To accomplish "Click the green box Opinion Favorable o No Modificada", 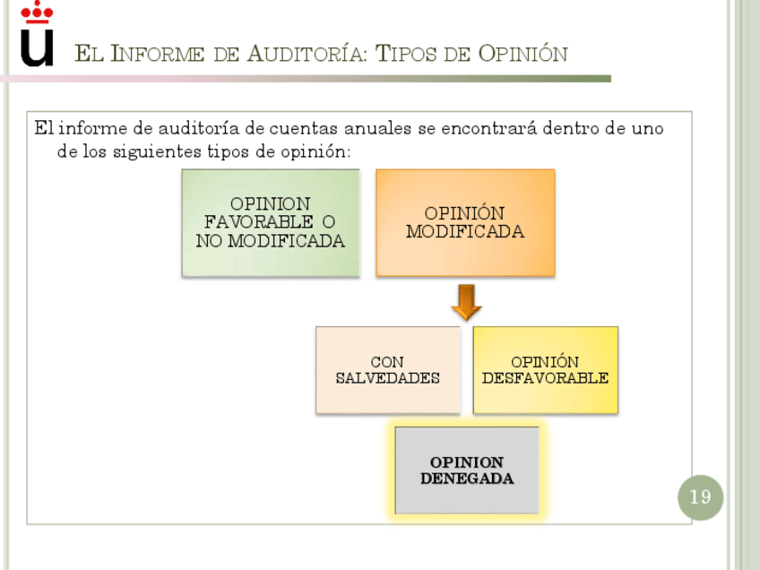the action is click(271, 222).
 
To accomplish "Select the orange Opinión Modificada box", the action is click(465, 222).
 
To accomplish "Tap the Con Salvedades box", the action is click(387, 369).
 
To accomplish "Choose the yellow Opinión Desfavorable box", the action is click(545, 369).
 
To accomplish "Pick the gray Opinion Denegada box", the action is click(467, 470).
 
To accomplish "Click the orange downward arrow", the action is click(466, 302).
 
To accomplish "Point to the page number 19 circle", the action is click(699, 497).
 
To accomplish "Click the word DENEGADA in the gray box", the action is click(467, 479).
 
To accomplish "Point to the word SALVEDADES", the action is click(387, 377).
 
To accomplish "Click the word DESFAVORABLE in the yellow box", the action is click(545, 377).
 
